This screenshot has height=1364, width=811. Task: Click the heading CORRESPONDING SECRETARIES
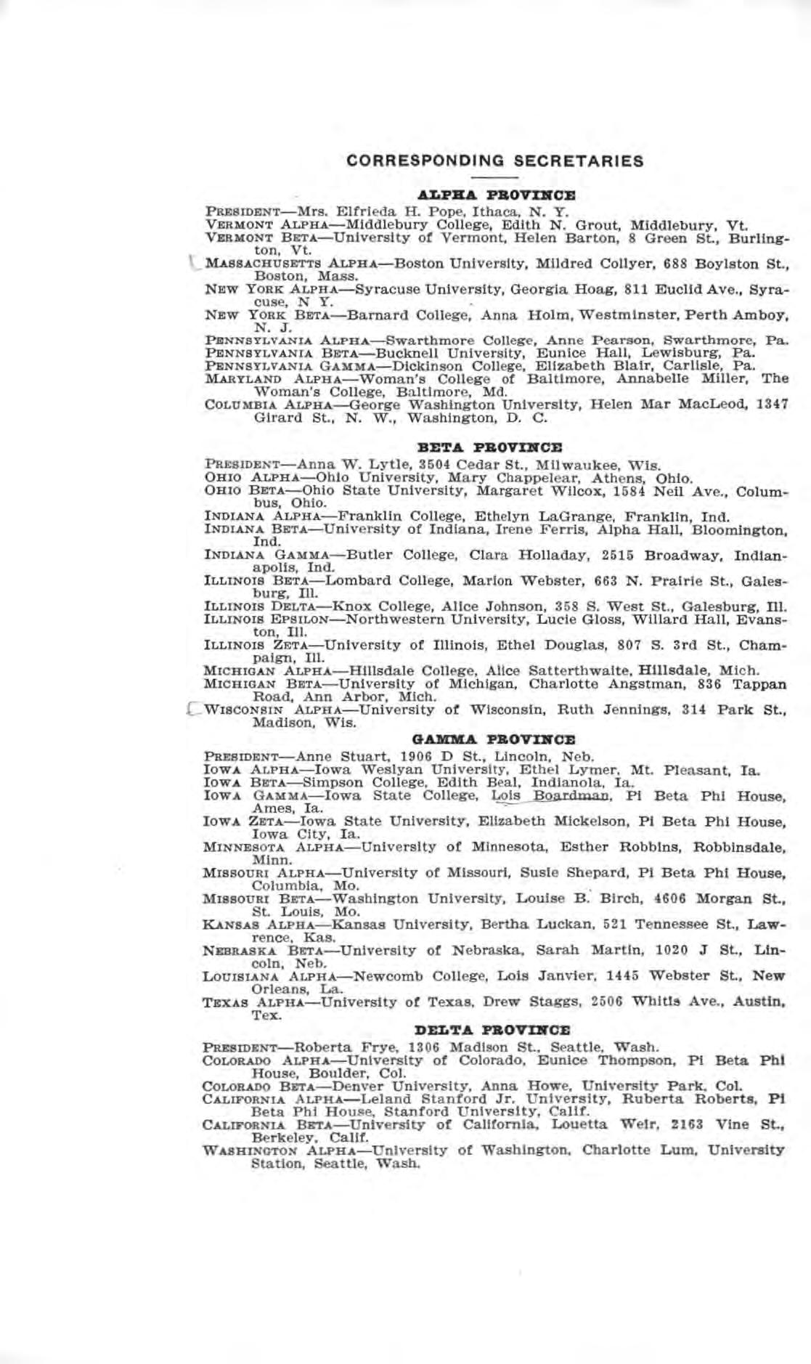495,161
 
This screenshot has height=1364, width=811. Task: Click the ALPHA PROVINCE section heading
495,195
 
